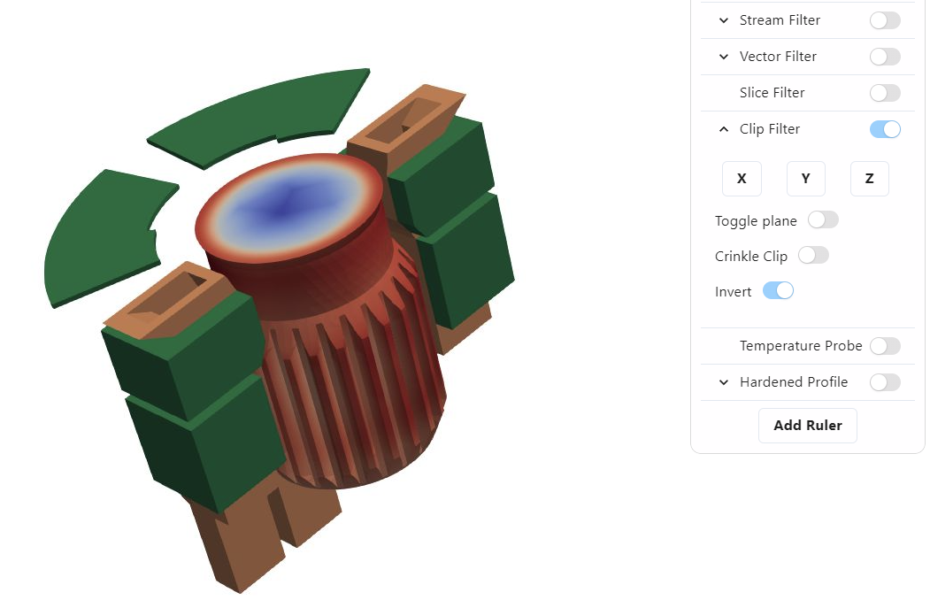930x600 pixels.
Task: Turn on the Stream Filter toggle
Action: click(x=885, y=20)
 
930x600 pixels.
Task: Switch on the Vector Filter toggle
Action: click(x=885, y=57)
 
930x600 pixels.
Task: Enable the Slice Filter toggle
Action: click(x=885, y=93)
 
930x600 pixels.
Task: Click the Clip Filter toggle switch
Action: click(x=885, y=129)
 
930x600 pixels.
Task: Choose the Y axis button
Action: click(x=805, y=179)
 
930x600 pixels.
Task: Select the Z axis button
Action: click(x=870, y=179)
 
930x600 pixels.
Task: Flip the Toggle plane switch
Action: click(x=823, y=220)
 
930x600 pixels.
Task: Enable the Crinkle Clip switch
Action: click(x=813, y=256)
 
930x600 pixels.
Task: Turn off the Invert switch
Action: click(x=778, y=290)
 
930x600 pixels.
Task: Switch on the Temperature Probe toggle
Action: click(x=885, y=346)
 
